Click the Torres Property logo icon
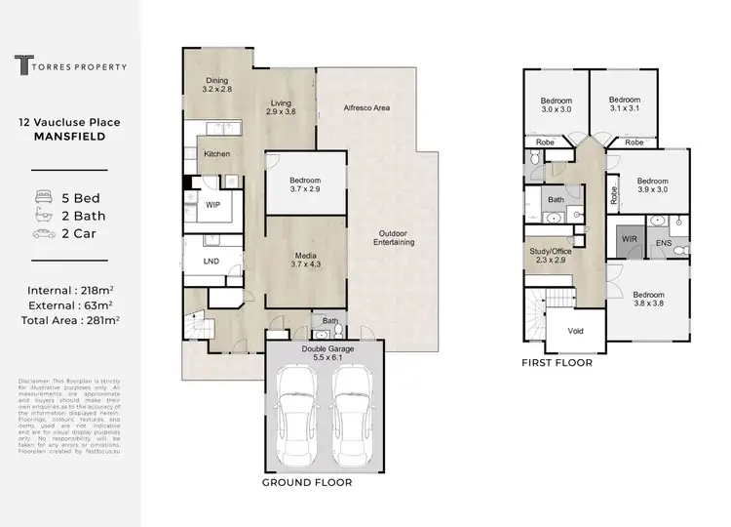click(21, 66)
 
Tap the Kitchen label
click(215, 154)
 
